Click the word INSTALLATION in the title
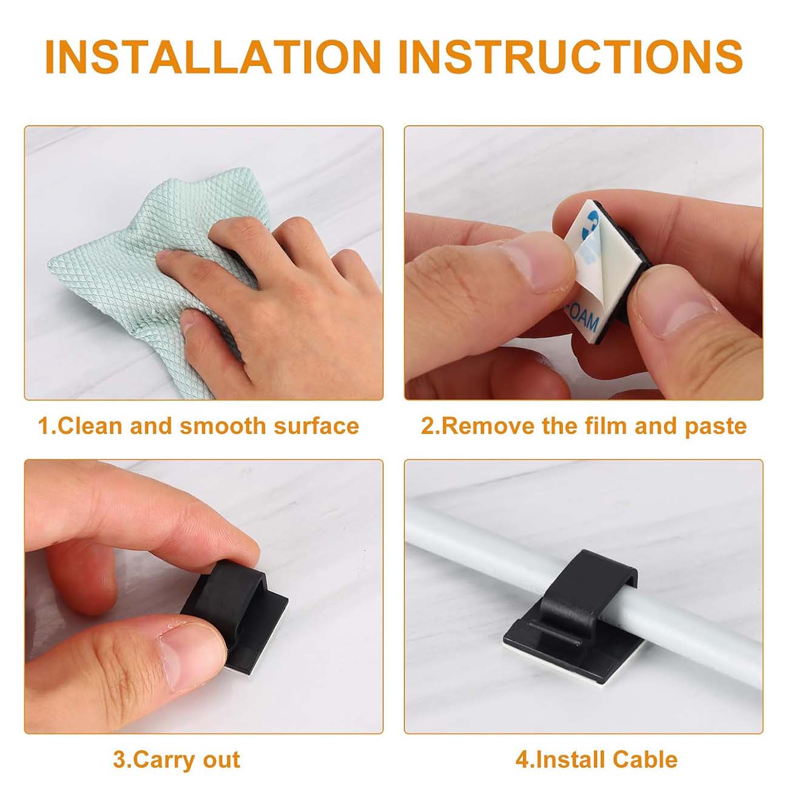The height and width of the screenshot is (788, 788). (x=213, y=56)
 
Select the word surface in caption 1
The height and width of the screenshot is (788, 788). (x=316, y=426)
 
